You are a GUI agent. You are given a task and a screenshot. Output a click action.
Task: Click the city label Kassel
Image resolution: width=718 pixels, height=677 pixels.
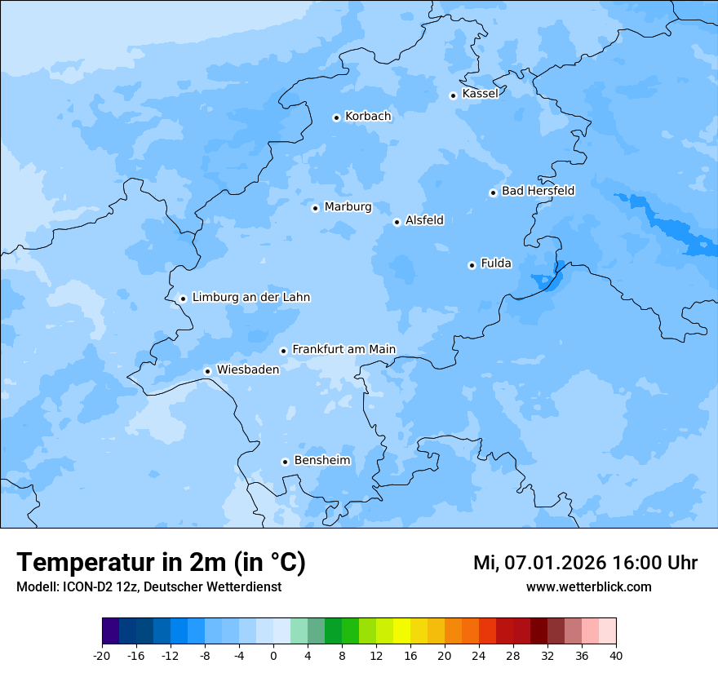(x=480, y=94)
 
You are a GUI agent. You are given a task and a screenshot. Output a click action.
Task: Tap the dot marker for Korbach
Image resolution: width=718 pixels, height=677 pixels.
(x=336, y=117)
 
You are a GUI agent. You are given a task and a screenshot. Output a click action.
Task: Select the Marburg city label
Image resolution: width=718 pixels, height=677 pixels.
(x=348, y=207)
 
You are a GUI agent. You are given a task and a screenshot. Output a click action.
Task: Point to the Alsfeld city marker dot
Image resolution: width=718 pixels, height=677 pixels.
(x=397, y=222)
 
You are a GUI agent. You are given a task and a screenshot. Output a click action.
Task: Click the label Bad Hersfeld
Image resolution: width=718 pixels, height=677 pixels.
(x=538, y=191)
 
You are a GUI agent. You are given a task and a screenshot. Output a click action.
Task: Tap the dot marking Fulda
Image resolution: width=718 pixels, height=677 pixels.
(x=472, y=265)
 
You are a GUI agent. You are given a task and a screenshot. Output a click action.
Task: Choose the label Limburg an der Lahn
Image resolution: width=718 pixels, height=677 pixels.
(x=250, y=298)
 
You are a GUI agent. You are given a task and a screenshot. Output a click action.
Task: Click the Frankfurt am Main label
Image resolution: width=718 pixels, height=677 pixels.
(x=343, y=349)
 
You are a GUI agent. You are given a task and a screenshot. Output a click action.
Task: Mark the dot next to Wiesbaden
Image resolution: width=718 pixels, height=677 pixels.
(x=208, y=371)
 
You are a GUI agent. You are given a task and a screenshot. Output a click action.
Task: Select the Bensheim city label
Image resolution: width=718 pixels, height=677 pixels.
(x=322, y=461)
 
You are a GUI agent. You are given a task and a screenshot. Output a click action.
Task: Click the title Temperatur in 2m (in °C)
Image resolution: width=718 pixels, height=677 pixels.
(x=161, y=563)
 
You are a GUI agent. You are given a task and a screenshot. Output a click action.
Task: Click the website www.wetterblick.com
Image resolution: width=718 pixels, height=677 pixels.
(x=588, y=587)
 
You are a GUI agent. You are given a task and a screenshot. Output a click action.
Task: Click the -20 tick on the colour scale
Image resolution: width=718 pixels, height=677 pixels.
(x=102, y=655)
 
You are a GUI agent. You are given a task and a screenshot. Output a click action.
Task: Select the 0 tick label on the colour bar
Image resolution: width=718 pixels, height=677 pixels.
(x=273, y=655)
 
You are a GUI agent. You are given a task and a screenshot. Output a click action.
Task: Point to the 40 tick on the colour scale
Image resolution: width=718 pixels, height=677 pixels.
(x=616, y=655)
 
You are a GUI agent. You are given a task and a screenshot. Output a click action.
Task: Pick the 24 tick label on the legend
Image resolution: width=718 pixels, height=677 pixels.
(x=479, y=655)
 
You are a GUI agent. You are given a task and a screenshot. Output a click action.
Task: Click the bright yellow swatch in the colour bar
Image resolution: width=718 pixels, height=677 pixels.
(x=401, y=631)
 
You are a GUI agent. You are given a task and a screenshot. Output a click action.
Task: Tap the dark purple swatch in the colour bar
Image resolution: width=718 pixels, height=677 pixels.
(x=111, y=631)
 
